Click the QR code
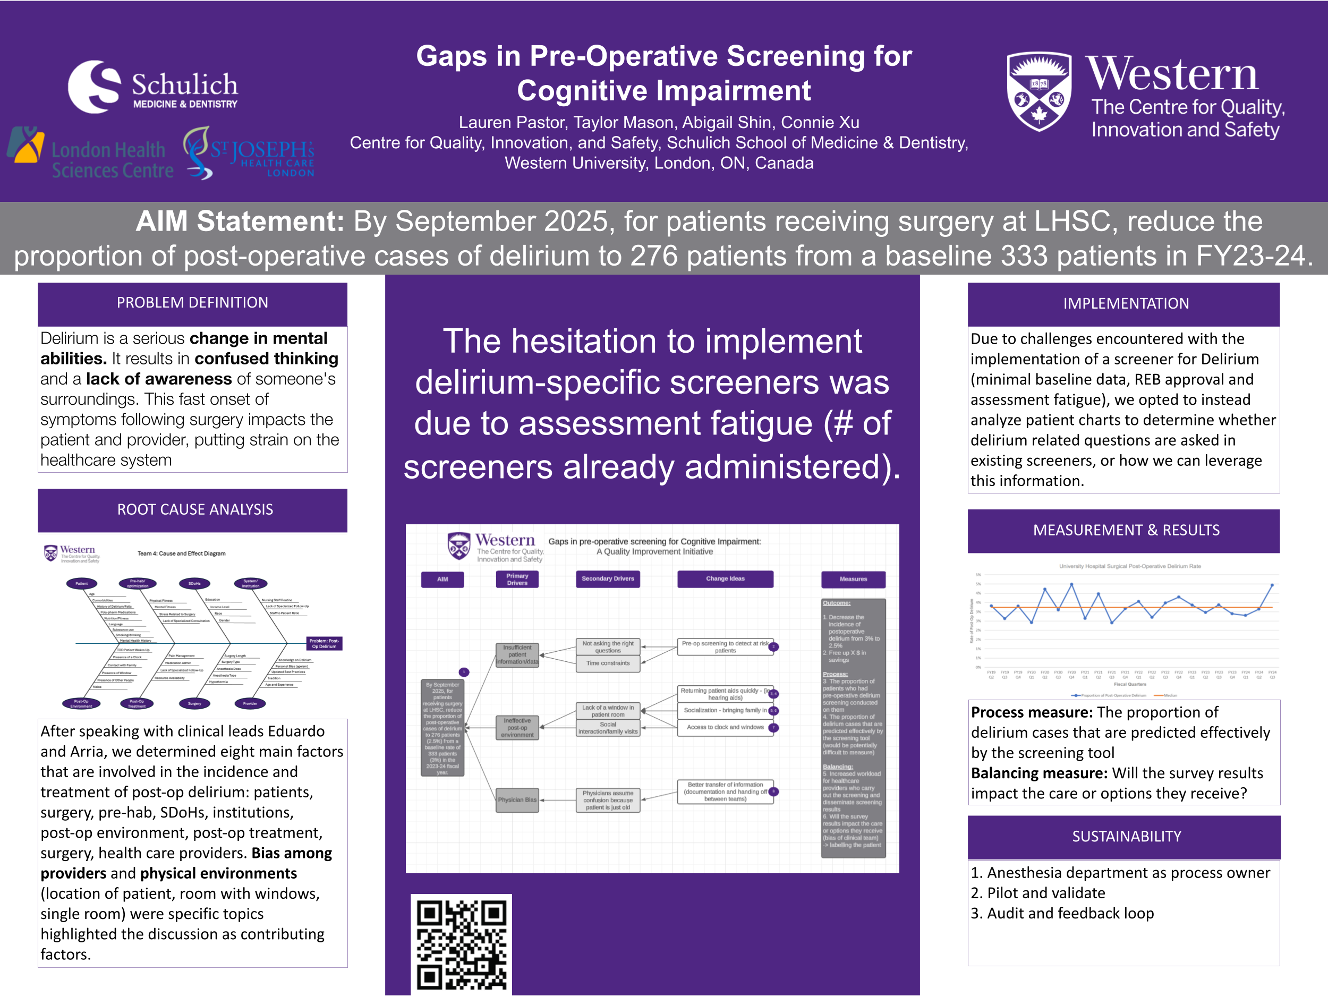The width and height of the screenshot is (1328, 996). click(x=461, y=944)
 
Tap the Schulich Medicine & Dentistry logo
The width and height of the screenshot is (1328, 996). click(x=153, y=88)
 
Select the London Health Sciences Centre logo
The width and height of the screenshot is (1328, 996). click(x=90, y=154)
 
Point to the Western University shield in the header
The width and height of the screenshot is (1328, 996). click(x=1038, y=91)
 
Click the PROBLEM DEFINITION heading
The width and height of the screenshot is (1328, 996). click(x=192, y=303)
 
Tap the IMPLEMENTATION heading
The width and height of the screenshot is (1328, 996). click(x=1126, y=304)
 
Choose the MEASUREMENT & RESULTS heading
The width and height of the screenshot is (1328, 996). click(x=1126, y=530)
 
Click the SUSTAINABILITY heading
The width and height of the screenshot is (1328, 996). click(x=1126, y=836)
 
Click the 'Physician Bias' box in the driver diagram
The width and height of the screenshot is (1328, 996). click(x=517, y=799)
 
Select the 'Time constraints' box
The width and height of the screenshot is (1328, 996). click(x=608, y=663)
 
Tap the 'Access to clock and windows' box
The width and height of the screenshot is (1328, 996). click(x=725, y=727)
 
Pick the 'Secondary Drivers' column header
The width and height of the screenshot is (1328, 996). click(x=608, y=579)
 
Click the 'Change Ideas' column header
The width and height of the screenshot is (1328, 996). click(x=725, y=579)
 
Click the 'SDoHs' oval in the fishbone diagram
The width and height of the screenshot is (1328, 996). click(x=194, y=583)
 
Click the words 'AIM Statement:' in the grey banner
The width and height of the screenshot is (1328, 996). click(x=240, y=222)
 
